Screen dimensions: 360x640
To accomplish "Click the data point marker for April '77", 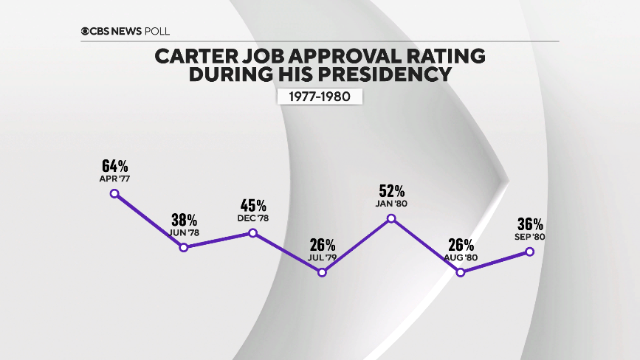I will click(x=114, y=193).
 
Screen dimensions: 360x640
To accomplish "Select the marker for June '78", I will click(x=184, y=247).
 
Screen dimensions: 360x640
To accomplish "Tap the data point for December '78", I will click(x=252, y=232).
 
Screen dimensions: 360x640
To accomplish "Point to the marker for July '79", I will click(x=322, y=272).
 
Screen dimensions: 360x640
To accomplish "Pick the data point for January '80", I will click(x=391, y=218).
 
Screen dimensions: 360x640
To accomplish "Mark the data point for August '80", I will click(x=461, y=272).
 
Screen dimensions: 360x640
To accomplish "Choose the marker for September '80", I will click(x=529, y=252).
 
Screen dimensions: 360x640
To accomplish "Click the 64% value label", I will click(x=114, y=164).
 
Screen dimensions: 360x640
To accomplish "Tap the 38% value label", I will click(x=184, y=219).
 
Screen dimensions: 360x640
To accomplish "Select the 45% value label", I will click(x=252, y=204).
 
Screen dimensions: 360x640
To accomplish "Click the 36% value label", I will click(x=529, y=224).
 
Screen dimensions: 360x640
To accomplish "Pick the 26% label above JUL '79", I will click(x=322, y=244).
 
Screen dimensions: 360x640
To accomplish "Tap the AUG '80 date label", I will click(x=461, y=258).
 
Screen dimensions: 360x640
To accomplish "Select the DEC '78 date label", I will click(x=252, y=218).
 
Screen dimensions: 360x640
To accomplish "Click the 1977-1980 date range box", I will click(x=320, y=96).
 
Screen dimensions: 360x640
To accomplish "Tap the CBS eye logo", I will click(x=86, y=31).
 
